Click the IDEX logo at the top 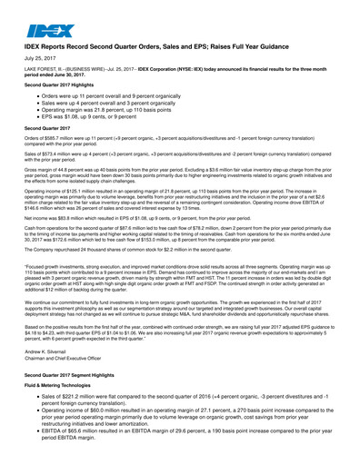[x=46, y=25]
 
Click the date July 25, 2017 [x=38, y=57]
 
